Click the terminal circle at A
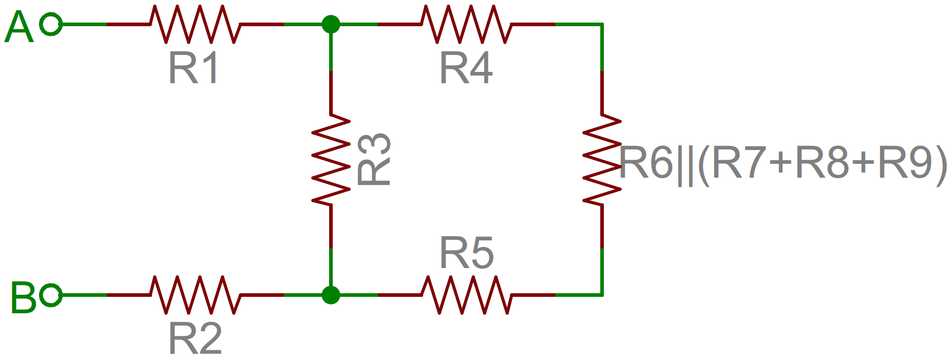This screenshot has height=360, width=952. pyautogui.click(x=51, y=24)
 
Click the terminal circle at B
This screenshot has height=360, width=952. pyautogui.click(x=51, y=295)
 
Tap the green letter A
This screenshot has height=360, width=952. pyautogui.click(x=19, y=27)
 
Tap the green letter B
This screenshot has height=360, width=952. pyautogui.click(x=24, y=297)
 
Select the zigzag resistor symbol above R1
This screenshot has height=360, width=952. pyautogui.click(x=195, y=24)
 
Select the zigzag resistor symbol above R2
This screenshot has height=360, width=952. pyautogui.click(x=195, y=295)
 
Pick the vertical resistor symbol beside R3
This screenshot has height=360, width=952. pyautogui.click(x=331, y=160)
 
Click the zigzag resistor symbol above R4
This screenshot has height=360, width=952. pyautogui.click(x=466, y=24)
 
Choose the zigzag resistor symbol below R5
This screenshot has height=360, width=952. pyautogui.click(x=466, y=295)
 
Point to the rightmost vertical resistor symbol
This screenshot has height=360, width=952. pyautogui.click(x=602, y=160)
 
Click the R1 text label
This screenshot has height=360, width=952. pyautogui.click(x=194, y=68)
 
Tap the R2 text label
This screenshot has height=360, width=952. pyautogui.click(x=195, y=338)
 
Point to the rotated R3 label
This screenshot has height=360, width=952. pyautogui.click(x=374, y=159)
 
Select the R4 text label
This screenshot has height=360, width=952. pyautogui.click(x=466, y=68)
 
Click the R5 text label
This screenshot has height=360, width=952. pyautogui.click(x=467, y=253)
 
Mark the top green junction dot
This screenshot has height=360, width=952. pyautogui.click(x=331, y=24)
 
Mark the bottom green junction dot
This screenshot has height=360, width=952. pyautogui.click(x=331, y=295)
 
